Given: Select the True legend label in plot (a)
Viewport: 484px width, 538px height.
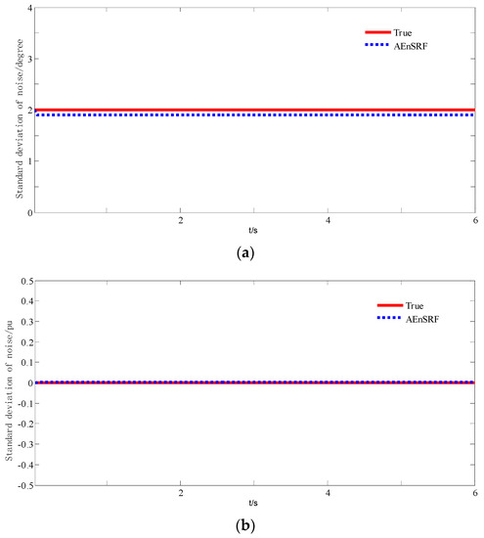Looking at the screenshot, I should pos(402,33).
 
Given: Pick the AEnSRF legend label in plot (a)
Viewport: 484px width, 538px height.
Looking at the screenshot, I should pos(410,45).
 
